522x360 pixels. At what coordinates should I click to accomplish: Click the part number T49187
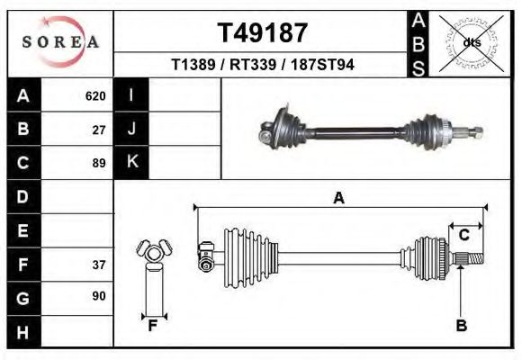click(263, 32)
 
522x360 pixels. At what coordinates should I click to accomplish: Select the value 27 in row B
click(99, 130)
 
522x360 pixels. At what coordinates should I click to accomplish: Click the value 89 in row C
click(99, 163)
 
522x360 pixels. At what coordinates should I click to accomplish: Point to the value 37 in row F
click(99, 265)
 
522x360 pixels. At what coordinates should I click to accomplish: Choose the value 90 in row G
click(99, 296)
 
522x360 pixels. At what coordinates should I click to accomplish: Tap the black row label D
click(23, 196)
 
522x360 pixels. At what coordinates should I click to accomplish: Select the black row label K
click(131, 163)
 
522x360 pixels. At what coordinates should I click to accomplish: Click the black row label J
click(131, 130)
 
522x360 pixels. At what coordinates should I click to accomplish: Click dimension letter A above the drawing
click(338, 198)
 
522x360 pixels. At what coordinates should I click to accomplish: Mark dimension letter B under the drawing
click(461, 326)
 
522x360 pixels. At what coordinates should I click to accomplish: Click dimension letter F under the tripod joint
click(153, 326)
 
